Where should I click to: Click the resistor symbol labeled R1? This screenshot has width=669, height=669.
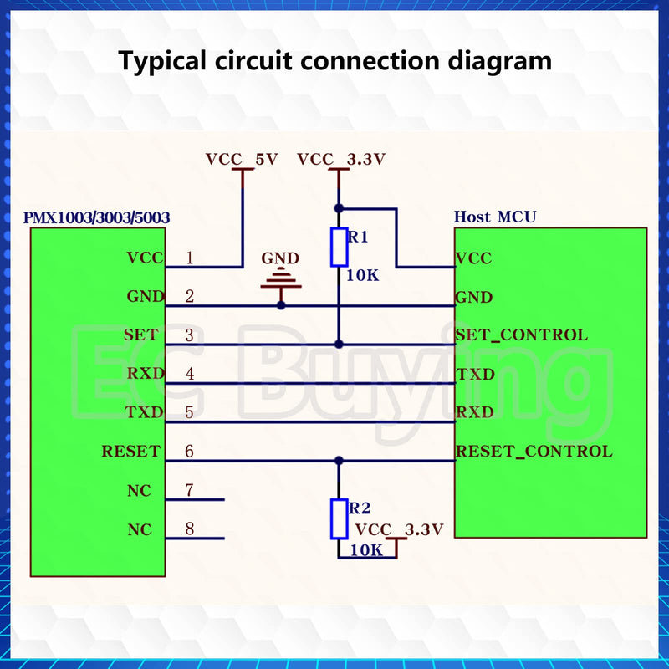[339, 248]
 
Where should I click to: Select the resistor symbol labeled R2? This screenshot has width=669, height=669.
[339, 518]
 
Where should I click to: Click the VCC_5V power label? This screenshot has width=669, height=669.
[242, 160]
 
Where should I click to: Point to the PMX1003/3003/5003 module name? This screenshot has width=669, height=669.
[96, 218]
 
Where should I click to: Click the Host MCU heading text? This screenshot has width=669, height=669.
[495, 217]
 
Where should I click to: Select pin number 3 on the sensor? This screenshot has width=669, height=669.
[190, 335]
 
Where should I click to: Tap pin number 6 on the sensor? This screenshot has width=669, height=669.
[190, 452]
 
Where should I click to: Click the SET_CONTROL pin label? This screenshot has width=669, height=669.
[521, 335]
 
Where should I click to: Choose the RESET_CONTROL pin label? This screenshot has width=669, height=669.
[534, 452]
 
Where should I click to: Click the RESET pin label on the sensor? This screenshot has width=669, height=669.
[131, 452]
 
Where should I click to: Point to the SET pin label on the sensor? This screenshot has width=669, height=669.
[141, 335]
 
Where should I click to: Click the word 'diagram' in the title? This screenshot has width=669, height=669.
[499, 61]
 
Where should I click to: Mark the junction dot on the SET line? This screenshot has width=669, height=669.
[339, 345]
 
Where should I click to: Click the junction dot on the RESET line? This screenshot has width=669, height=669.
[339, 461]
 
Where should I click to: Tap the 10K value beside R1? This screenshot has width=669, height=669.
[362, 276]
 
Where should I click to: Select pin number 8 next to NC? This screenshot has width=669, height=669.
[190, 529]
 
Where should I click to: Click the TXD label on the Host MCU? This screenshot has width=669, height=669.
[476, 375]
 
